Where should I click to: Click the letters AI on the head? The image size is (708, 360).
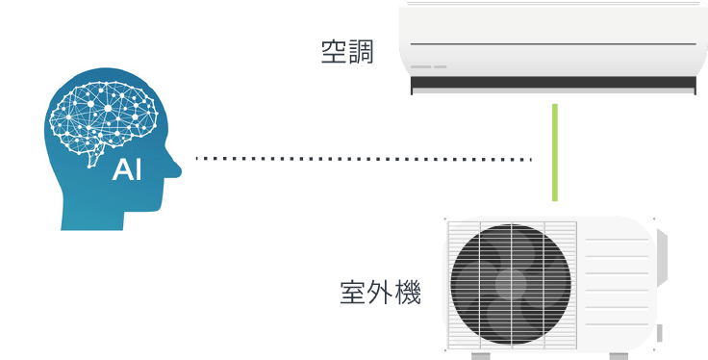pyautogui.click(x=127, y=171)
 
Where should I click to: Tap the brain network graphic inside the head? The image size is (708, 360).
pyautogui.click(x=104, y=114)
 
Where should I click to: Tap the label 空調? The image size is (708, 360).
pyautogui.click(x=347, y=52)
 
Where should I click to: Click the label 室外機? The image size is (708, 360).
pyautogui.click(x=380, y=292)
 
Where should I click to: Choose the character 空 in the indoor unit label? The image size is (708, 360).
pyautogui.click(x=334, y=52)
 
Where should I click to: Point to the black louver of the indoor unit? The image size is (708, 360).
pyautogui.click(x=553, y=84)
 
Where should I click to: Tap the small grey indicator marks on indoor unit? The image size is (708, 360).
pyautogui.click(x=429, y=66)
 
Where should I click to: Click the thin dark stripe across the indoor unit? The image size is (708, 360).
pyautogui.click(x=553, y=44)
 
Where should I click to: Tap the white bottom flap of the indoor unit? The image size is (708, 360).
pyautogui.click(x=553, y=96)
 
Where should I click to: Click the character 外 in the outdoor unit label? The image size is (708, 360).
pyautogui.click(x=380, y=292)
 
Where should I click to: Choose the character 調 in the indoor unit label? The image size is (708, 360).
pyautogui.click(x=362, y=52)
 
